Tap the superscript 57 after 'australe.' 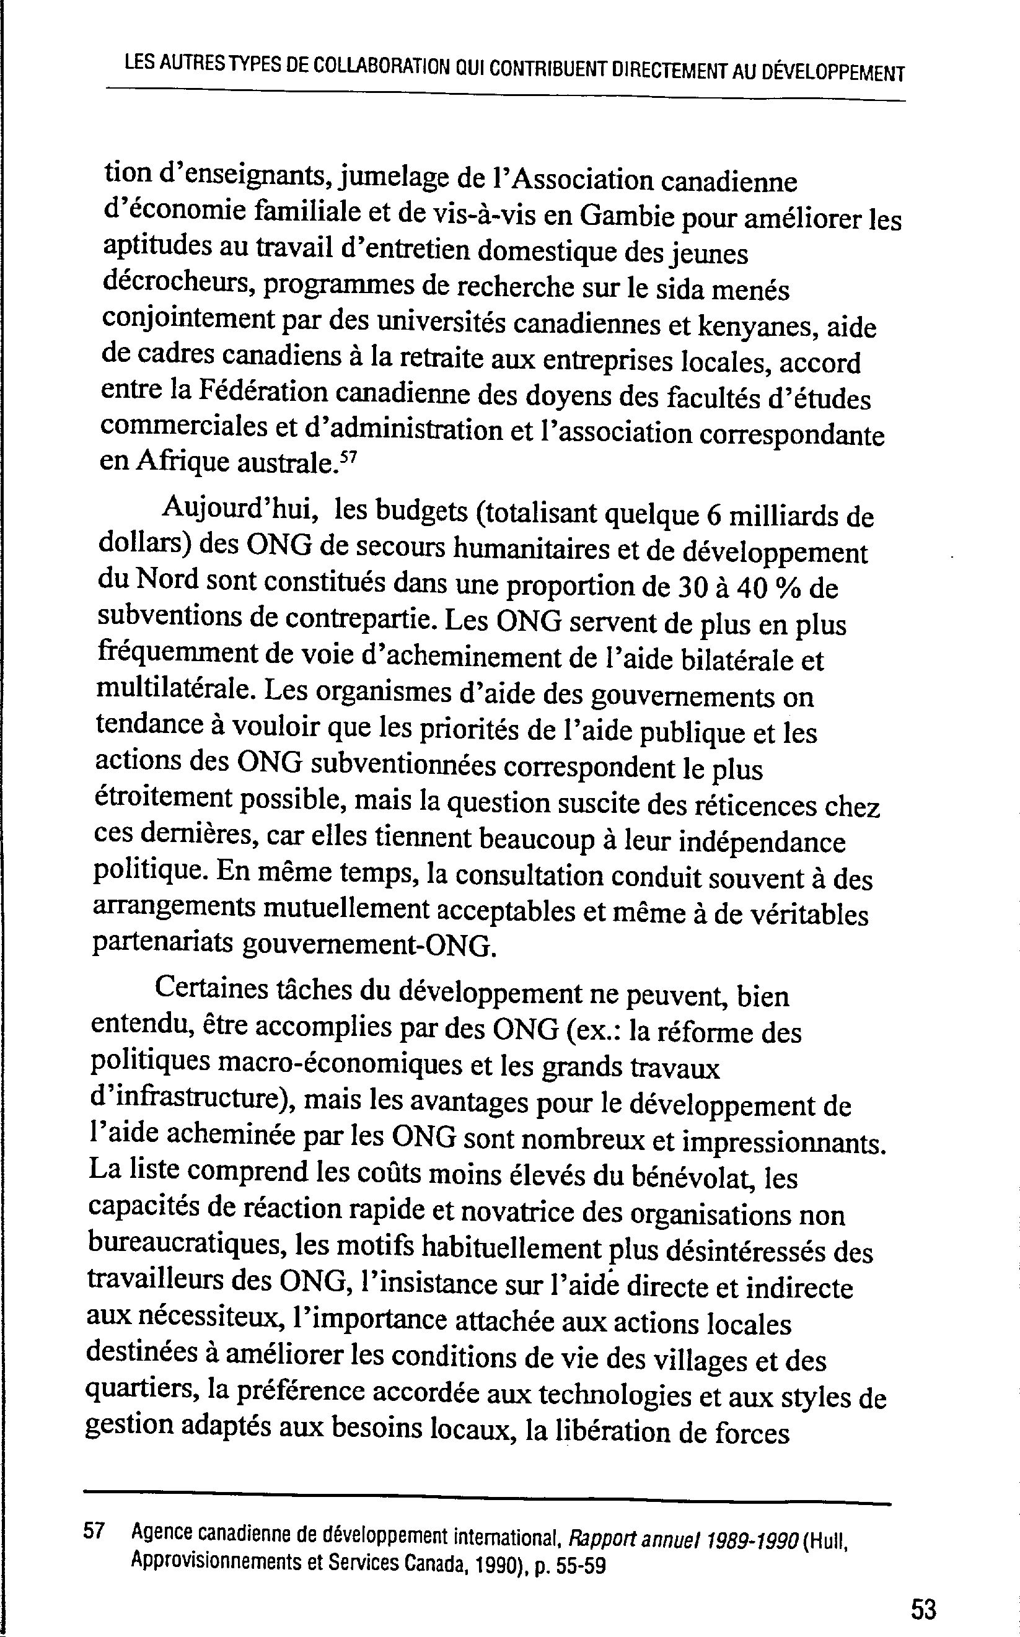click(348, 458)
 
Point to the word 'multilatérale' click(173, 691)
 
